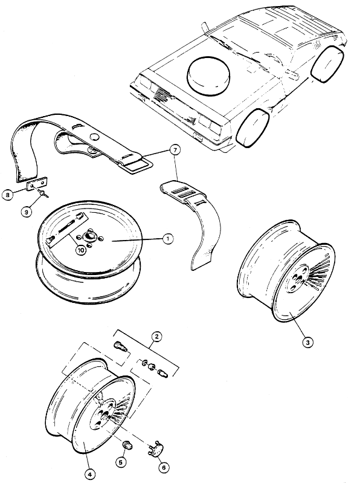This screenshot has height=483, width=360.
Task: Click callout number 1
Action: pyautogui.click(x=168, y=239)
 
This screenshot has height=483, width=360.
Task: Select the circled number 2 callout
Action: pyautogui.click(x=156, y=337)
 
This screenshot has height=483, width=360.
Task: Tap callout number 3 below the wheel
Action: pyautogui.click(x=307, y=342)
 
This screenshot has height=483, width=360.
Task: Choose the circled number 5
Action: pyautogui.click(x=121, y=462)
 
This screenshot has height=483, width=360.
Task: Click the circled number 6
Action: pyautogui.click(x=164, y=467)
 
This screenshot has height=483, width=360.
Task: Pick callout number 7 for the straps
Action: pyautogui.click(x=175, y=151)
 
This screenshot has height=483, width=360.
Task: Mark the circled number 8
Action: pyautogui.click(x=7, y=195)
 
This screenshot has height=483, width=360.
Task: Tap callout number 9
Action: pyautogui.click(x=27, y=212)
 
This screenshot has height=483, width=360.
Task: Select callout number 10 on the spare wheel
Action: pyautogui.click(x=81, y=250)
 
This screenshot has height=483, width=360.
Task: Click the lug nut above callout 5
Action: pyautogui.click(x=126, y=444)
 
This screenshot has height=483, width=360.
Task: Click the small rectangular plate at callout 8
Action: pyautogui.click(x=37, y=184)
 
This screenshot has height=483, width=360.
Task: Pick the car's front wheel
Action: pyautogui.click(x=252, y=129)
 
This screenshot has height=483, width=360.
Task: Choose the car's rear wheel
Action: pyautogui.click(x=328, y=63)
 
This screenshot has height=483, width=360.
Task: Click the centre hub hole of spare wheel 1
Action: pyautogui.click(x=90, y=236)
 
